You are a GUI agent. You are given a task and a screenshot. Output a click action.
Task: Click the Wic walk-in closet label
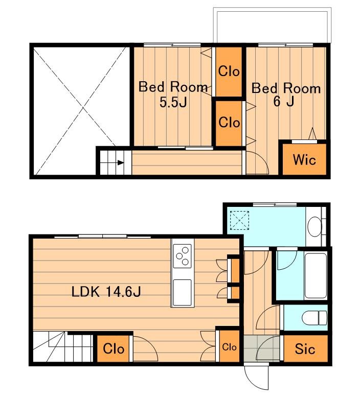tap(304, 160)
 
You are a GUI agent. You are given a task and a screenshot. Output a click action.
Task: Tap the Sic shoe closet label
tap(305, 348)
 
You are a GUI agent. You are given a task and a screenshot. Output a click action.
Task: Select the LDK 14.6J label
tap(106, 292)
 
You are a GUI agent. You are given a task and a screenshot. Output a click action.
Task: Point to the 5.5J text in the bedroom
tap(173, 102)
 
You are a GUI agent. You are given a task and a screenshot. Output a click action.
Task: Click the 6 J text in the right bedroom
tap(284, 101)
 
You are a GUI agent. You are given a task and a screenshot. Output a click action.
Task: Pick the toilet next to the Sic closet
tap(314, 318)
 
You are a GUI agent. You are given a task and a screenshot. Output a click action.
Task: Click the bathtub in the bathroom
tap(316, 275)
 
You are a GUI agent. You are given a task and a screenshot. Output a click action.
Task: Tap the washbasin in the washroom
tap(315, 226)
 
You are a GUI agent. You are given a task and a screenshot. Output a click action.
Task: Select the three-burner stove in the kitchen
tap(182, 256)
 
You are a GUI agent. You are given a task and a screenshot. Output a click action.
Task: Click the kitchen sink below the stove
tap(182, 292)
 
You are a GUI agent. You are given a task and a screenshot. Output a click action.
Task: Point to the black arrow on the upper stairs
tap(121, 163)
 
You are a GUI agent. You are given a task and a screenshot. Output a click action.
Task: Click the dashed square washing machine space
tap(239, 220)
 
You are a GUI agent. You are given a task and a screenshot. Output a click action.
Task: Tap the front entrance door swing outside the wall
tap(256, 378)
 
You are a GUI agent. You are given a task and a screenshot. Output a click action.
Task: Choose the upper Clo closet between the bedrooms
tap(229, 72)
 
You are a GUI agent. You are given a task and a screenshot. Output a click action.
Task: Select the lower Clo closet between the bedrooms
tap(229, 124)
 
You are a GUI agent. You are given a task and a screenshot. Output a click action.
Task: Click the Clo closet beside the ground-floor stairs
tap(114, 348)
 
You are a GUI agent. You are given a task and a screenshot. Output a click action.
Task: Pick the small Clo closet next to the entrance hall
tap(229, 346)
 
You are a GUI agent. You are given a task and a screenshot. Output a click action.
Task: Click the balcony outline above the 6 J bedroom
tap(272, 25)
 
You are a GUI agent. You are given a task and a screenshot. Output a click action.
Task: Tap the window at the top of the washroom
tap(275, 204)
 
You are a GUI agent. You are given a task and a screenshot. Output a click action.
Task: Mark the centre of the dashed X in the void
tap(83, 110)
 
